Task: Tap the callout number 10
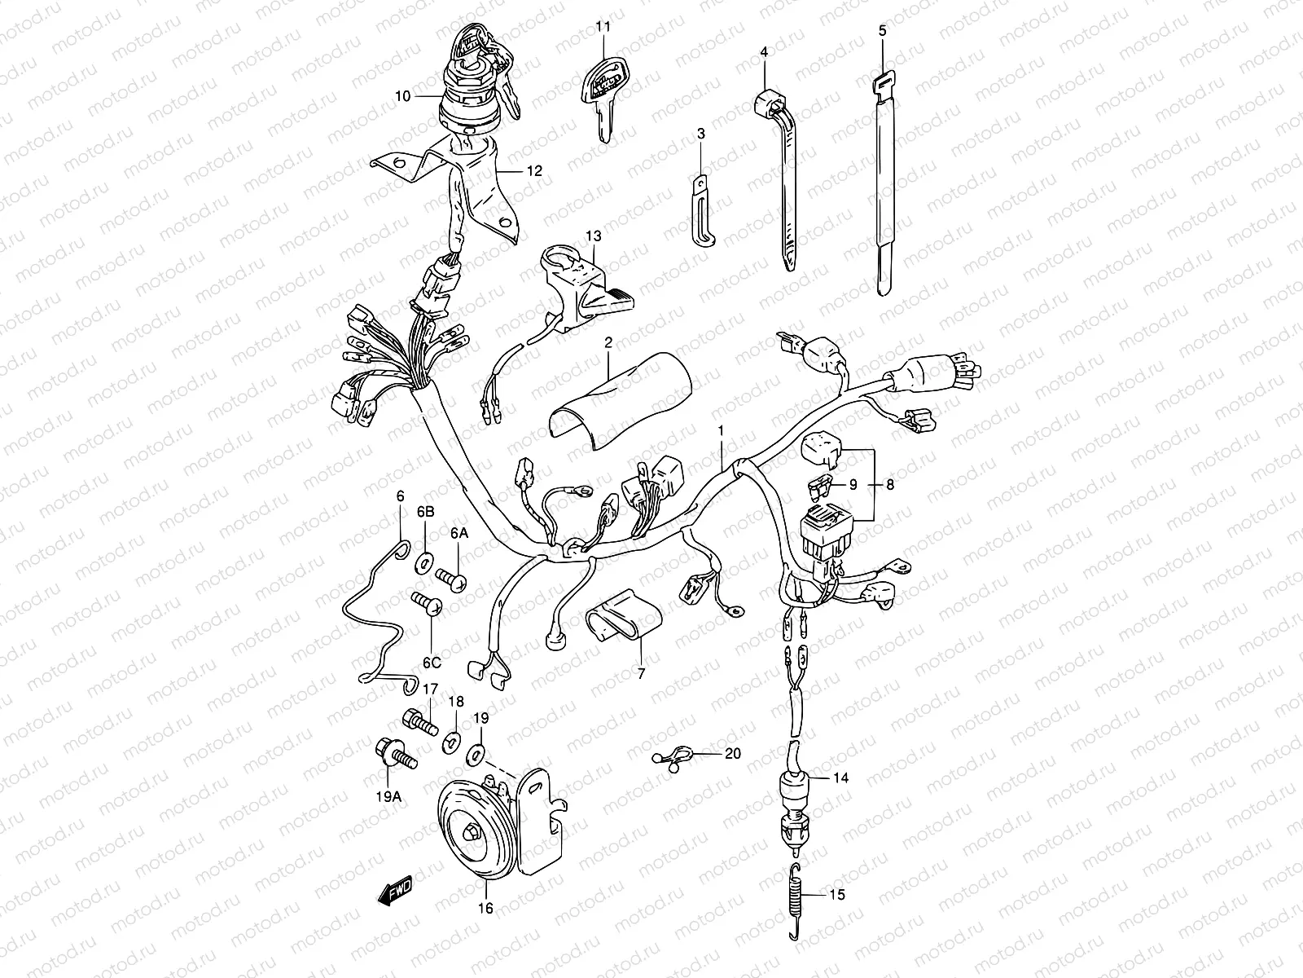(402, 96)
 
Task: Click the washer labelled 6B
(424, 562)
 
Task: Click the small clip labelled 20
(673, 757)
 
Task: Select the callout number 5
(883, 30)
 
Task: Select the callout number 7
(640, 674)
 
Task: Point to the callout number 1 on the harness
(721, 429)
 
